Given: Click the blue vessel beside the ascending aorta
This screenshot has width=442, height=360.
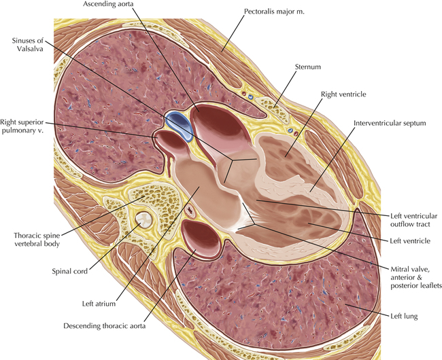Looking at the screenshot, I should [178, 123].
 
